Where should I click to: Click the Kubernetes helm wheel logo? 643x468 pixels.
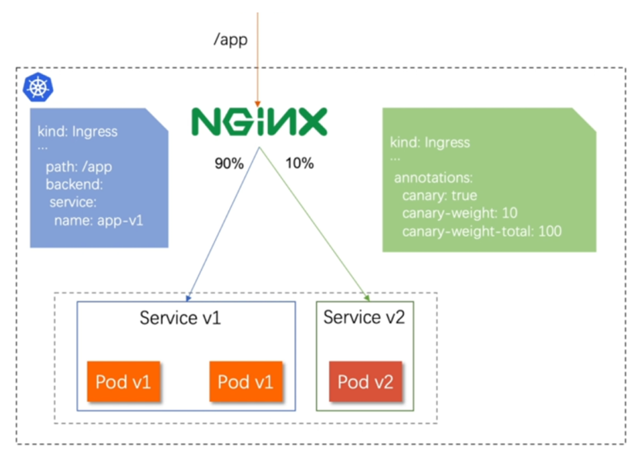tap(38, 87)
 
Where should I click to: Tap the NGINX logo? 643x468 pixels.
tap(259, 121)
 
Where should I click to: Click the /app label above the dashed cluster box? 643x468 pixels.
tap(231, 40)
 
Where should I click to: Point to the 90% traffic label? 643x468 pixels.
tap(229, 164)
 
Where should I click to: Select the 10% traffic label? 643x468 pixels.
tap(300, 164)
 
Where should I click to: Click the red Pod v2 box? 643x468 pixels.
tap(365, 382)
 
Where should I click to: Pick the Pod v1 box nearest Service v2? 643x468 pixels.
tap(246, 382)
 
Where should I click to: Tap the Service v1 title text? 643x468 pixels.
tap(180, 318)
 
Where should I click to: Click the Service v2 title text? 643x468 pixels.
tap(364, 317)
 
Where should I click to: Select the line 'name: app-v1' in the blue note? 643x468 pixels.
tap(99, 221)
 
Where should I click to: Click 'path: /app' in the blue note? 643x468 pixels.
tap(79, 167)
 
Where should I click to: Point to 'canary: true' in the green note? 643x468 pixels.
tap(440, 195)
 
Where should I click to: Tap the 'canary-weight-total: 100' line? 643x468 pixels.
tap(482, 232)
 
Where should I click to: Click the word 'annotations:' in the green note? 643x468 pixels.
tap(434, 178)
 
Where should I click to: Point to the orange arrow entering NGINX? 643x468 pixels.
tap(257, 60)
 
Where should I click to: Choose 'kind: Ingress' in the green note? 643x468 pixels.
tap(430, 143)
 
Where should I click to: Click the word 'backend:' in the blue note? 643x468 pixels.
tap(74, 185)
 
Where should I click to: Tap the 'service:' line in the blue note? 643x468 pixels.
tap(73, 202)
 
